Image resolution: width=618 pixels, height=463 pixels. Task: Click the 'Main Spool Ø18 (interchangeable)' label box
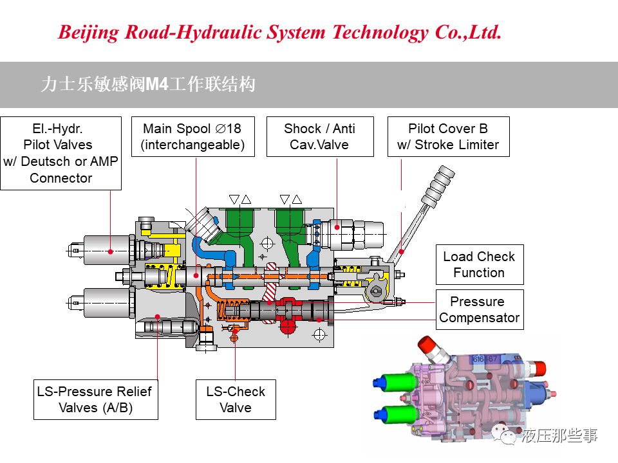[x=192, y=136]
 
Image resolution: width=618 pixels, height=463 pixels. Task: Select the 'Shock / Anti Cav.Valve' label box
[x=320, y=136]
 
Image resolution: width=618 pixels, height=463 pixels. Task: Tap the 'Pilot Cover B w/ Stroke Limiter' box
[x=449, y=136]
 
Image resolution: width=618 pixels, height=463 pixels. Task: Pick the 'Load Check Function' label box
[x=480, y=264]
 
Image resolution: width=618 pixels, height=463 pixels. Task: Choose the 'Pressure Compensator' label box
[x=480, y=309]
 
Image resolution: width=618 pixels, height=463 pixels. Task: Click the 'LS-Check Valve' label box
[x=236, y=399]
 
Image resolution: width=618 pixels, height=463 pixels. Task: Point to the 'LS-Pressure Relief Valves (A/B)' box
[x=96, y=399]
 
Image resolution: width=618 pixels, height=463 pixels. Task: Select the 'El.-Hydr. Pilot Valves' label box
[x=61, y=153]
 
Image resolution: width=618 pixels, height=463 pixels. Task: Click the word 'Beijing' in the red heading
[x=88, y=33]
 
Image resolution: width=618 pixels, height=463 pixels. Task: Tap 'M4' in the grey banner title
[x=157, y=84]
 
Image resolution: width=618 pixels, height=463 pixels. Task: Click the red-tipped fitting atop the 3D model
[x=426, y=345]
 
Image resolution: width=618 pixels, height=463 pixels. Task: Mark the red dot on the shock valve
[x=337, y=227]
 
